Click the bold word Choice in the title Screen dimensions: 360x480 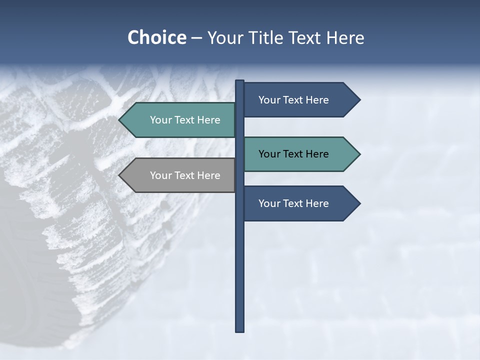coord(156,37)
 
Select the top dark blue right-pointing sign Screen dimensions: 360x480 coord(295,100)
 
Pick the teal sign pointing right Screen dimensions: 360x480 coord(295,154)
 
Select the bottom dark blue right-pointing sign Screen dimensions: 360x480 coord(295,203)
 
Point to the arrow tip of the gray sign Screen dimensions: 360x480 coord(121,175)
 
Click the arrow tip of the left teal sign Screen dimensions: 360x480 coord(121,120)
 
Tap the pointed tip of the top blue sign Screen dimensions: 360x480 coord(358,100)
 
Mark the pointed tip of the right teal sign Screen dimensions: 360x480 coord(358,154)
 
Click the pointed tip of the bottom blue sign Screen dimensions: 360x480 coord(358,203)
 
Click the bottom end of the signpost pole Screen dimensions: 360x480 coord(240,329)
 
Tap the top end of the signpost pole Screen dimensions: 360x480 coord(240,82)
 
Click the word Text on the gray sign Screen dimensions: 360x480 coord(185,175)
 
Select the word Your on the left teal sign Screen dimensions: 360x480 coord(160,120)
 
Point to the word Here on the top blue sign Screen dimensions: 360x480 coord(317,100)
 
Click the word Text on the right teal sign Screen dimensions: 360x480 coord(293,154)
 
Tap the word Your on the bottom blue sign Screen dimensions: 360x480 coord(268,203)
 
